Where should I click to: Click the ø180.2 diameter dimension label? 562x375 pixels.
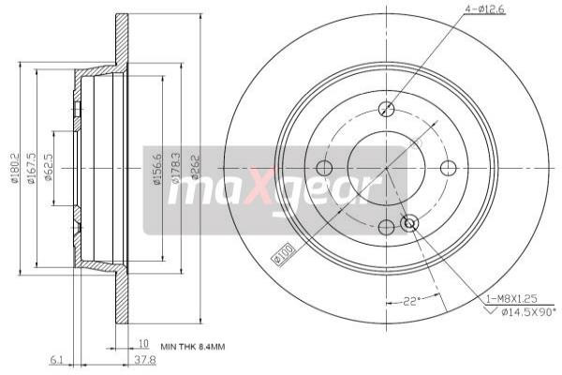[x=15, y=168]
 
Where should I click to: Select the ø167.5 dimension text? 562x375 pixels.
[x=33, y=169]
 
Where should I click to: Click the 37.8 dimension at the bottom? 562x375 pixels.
[x=142, y=358]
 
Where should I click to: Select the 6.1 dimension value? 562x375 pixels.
[x=56, y=358]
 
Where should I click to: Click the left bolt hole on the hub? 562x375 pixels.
[x=324, y=169]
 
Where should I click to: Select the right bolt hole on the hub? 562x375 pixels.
[x=449, y=169]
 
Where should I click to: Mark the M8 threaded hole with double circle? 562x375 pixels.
[x=409, y=223]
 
